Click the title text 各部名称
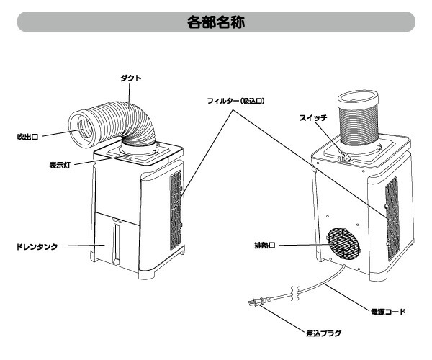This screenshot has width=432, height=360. tap(215, 21)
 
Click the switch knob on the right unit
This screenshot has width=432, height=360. tap(344, 154)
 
